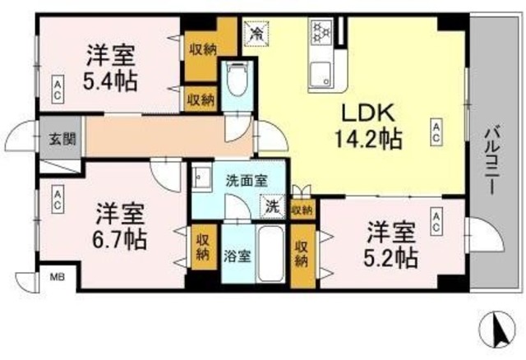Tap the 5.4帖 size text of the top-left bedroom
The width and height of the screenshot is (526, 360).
coord(109,81)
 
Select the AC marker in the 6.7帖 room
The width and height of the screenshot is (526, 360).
coord(58,197)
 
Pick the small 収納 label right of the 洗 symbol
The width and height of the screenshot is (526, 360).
coord(302,210)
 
